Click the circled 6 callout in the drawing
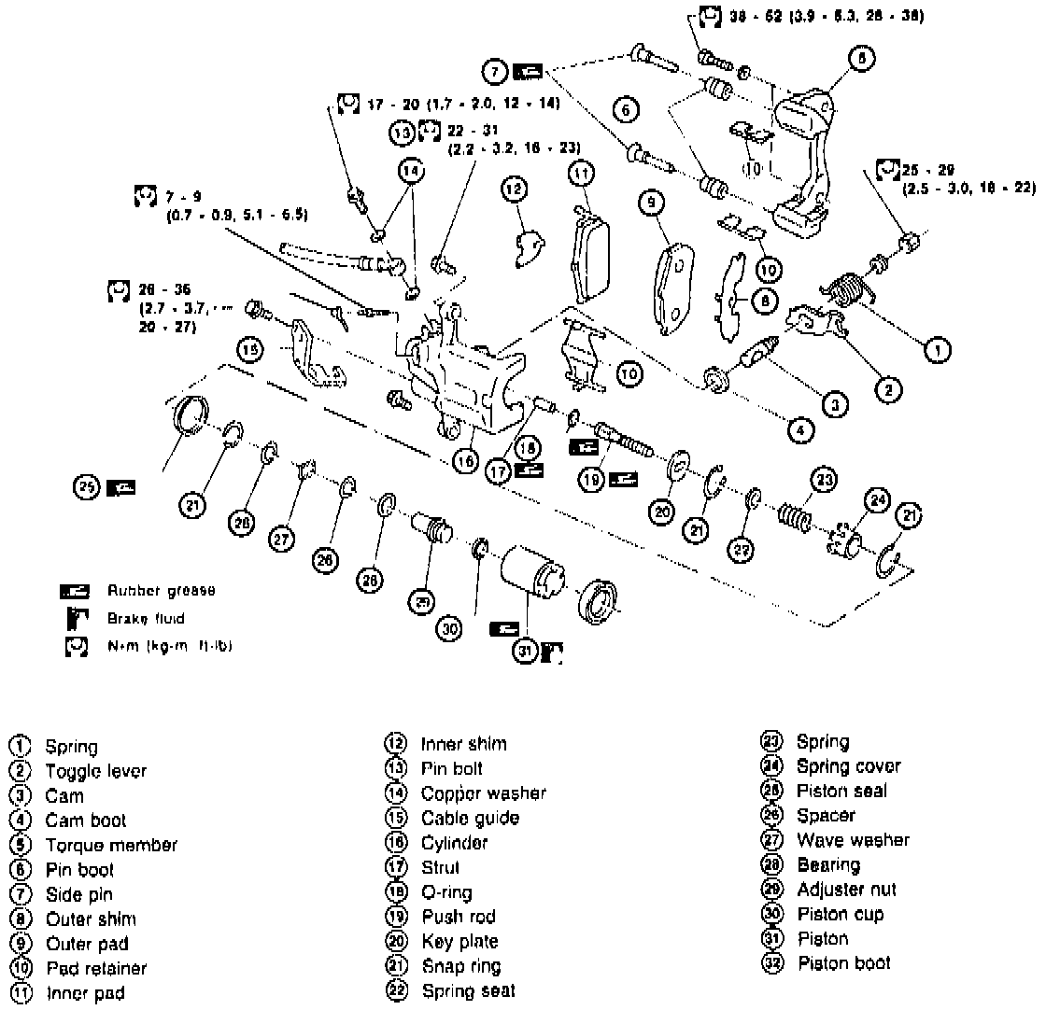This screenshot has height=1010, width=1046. pyautogui.click(x=627, y=110)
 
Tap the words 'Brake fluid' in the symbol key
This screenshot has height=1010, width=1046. pyautogui.click(x=146, y=618)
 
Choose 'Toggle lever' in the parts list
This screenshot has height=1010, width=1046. pyautogui.click(x=96, y=771)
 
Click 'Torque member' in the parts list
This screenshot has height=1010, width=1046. pyautogui.click(x=111, y=846)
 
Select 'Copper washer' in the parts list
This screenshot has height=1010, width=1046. pyautogui.click(x=484, y=793)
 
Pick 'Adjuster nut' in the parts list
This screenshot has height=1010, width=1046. pyautogui.click(x=846, y=890)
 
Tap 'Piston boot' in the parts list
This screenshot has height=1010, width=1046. pyautogui.click(x=844, y=963)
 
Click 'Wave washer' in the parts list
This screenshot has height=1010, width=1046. pyautogui.click(x=853, y=840)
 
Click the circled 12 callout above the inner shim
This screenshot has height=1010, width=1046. pyautogui.click(x=513, y=188)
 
